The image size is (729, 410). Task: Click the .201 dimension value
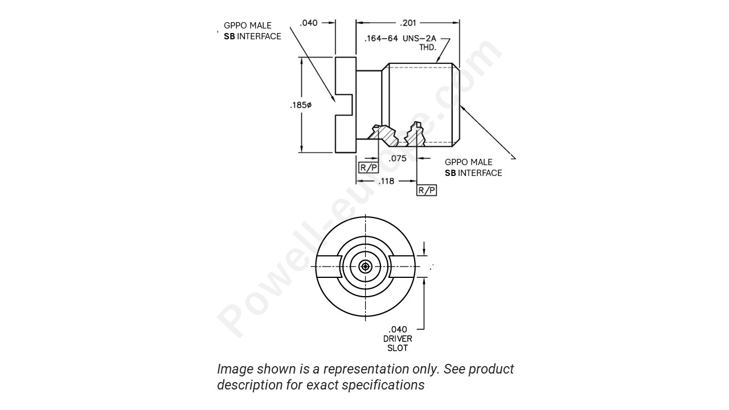click(408, 23)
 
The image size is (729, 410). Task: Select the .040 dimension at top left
click(309, 23)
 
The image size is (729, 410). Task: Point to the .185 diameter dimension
click(301, 105)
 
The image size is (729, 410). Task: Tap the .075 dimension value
click(398, 158)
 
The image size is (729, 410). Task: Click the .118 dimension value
click(387, 181)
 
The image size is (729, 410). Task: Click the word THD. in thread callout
click(427, 48)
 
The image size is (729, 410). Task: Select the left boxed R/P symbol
click(368, 167)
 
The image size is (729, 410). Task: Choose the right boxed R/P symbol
click(427, 190)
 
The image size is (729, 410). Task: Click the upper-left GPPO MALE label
click(248, 26)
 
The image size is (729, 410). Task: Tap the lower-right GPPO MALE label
click(468, 162)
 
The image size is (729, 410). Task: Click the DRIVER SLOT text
click(398, 343)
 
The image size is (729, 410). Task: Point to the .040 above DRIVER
click(398, 329)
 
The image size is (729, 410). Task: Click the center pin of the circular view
click(365, 266)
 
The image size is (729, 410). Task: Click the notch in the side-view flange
click(345, 105)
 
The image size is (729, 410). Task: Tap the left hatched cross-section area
click(383, 136)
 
